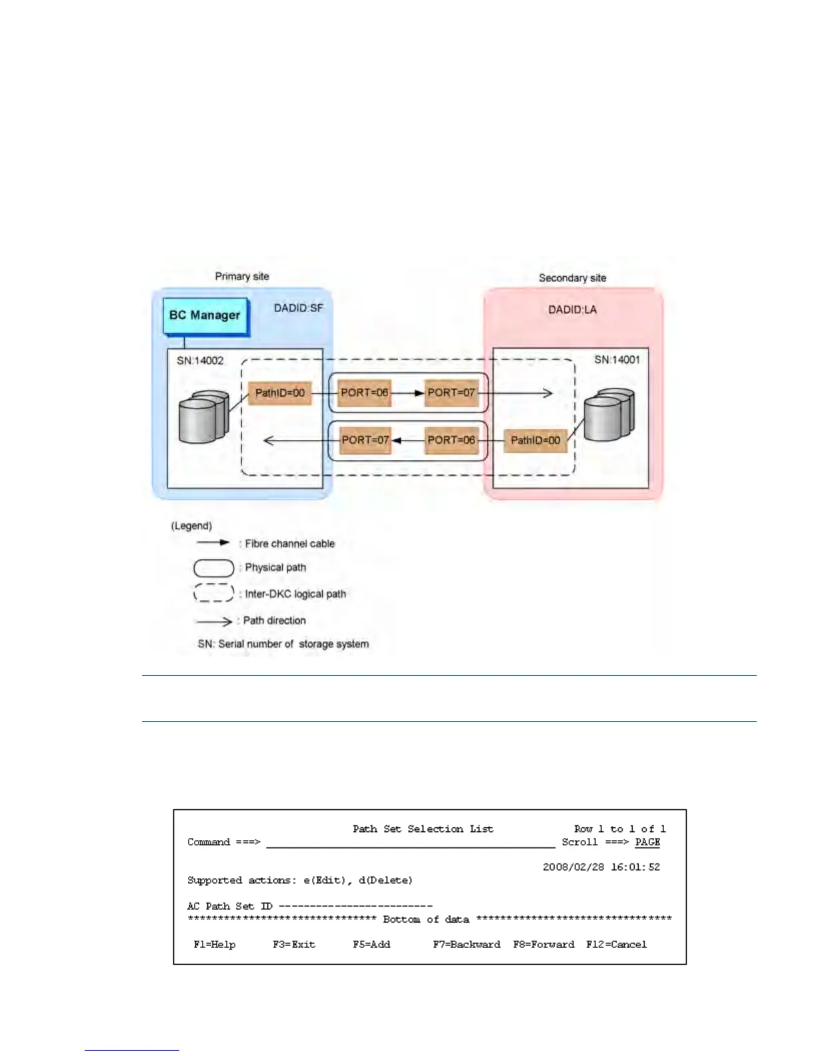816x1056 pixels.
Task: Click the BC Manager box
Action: pyautogui.click(x=205, y=315)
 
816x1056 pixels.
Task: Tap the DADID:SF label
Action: pyautogui.click(x=298, y=308)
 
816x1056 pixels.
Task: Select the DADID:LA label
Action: pyautogui.click(x=572, y=309)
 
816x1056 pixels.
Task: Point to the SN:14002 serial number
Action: pyautogui.click(x=200, y=361)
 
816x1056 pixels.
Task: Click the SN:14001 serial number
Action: pyautogui.click(x=617, y=360)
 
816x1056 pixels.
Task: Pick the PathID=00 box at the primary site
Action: pyautogui.click(x=279, y=393)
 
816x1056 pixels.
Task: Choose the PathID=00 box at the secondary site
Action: pyautogui.click(x=535, y=440)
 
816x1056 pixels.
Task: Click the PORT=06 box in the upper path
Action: pyautogui.click(x=364, y=393)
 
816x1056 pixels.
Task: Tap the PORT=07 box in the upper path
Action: pyautogui.click(x=451, y=393)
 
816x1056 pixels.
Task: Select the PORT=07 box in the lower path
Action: pyautogui.click(x=365, y=440)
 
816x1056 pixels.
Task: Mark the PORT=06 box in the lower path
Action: pyautogui.click(x=451, y=440)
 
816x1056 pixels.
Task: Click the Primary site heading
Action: pyautogui.click(x=242, y=276)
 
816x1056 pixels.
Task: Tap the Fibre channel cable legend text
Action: pyautogui.click(x=289, y=544)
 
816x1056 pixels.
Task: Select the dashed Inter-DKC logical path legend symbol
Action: pyautogui.click(x=213, y=593)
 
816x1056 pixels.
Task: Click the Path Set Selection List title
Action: pyautogui.click(x=423, y=829)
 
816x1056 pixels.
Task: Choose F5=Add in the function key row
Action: pyautogui.click(x=371, y=944)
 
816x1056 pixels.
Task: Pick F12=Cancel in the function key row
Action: pyautogui.click(x=616, y=944)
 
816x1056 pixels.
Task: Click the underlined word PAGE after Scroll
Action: pyautogui.click(x=647, y=842)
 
